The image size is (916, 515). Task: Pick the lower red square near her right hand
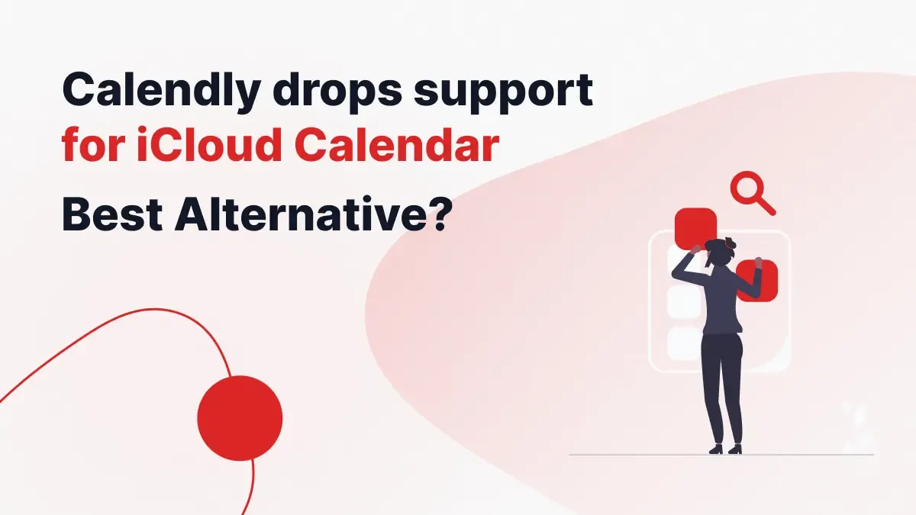756,280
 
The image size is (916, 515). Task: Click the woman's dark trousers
721,381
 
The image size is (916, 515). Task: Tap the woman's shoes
725,449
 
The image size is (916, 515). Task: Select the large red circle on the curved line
240,418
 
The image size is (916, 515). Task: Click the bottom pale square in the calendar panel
683,344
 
